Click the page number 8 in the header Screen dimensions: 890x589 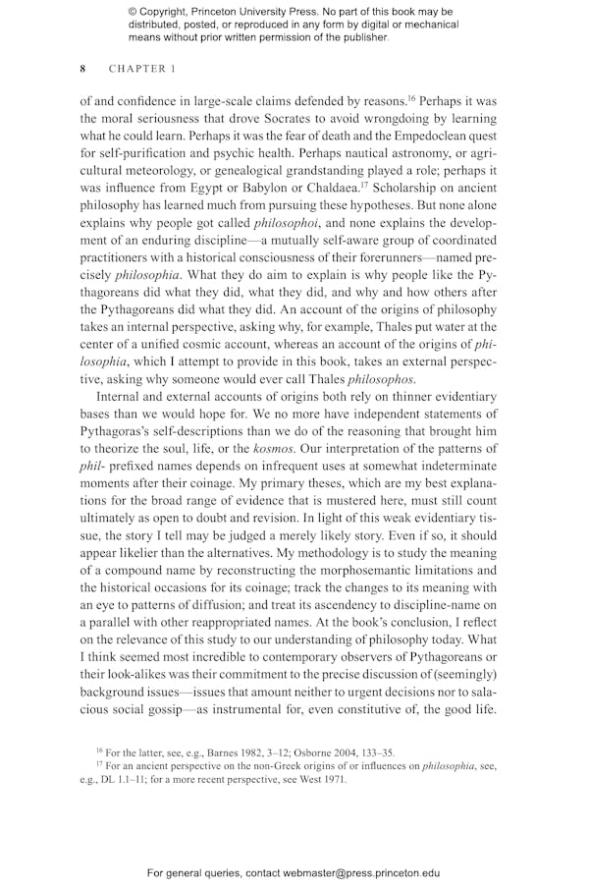83,69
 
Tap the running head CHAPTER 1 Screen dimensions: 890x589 142,69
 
